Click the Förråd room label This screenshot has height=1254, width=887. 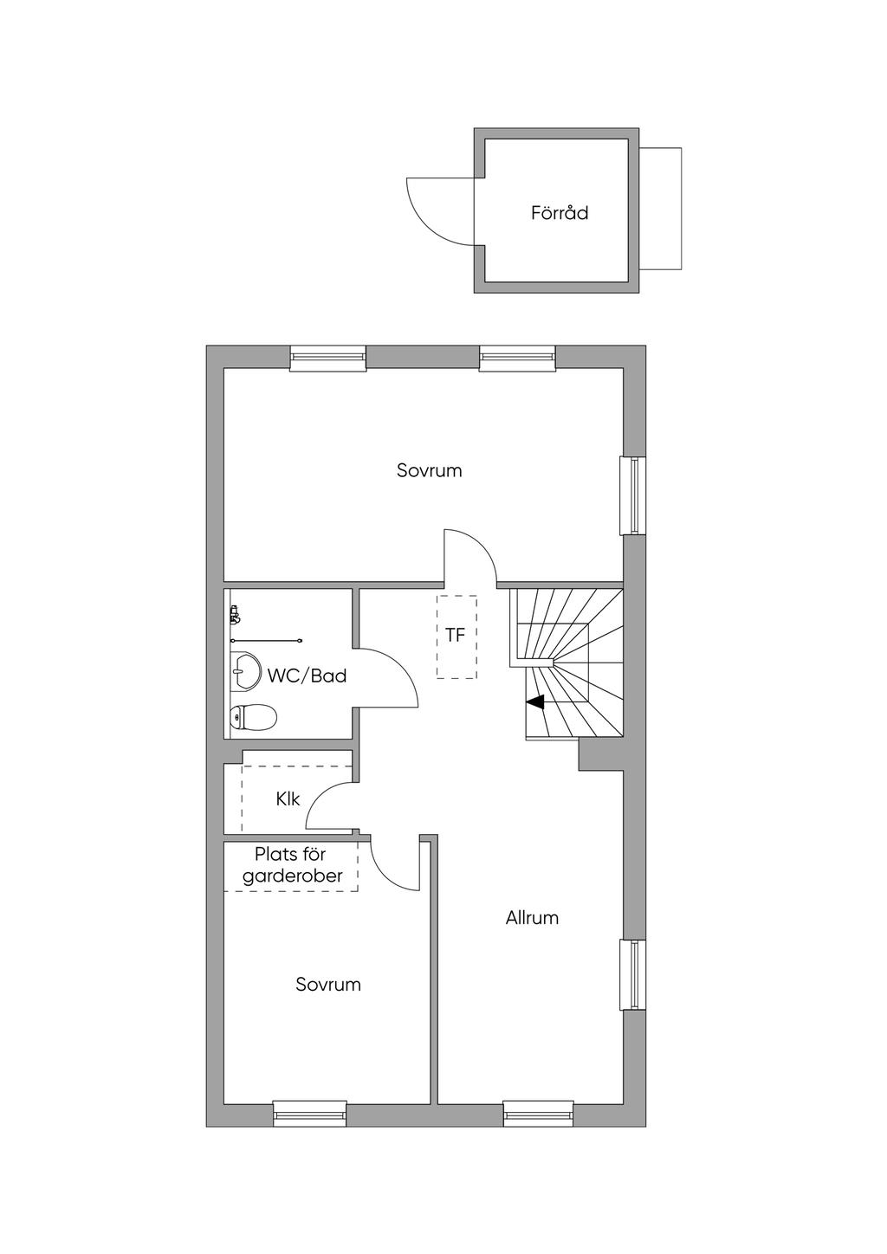tap(560, 213)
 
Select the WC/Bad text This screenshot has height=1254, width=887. tap(307, 675)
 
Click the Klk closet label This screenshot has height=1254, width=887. tap(288, 798)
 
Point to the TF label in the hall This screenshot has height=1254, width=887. tap(455, 635)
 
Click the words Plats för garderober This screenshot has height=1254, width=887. tap(291, 865)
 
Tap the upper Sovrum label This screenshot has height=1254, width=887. tap(430, 470)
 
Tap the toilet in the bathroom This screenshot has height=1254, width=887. tap(253, 717)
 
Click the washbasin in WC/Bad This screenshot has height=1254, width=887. tap(245, 670)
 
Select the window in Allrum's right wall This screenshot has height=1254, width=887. tap(633, 974)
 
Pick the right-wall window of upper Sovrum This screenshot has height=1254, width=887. tap(633, 495)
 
